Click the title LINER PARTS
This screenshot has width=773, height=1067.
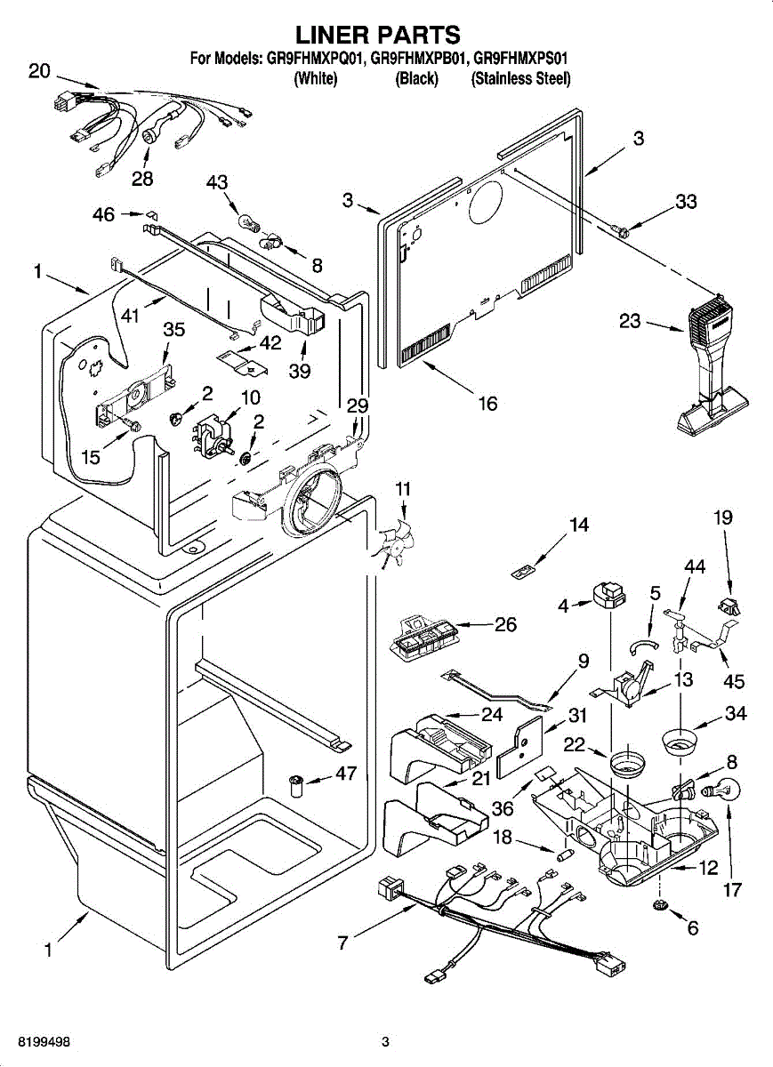[x=377, y=35]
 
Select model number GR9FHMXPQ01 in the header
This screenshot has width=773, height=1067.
[x=312, y=59]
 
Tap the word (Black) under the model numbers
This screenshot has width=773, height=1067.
[x=416, y=78]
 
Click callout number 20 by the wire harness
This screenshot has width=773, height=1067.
[x=39, y=72]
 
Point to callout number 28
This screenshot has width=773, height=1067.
[x=141, y=178]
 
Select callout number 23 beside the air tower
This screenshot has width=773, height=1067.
[x=631, y=322]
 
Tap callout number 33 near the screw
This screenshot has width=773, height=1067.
[x=685, y=202]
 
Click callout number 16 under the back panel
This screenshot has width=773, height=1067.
[x=487, y=404]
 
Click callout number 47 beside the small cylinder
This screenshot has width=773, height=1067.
[x=346, y=774]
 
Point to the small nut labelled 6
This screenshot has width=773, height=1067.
[x=660, y=905]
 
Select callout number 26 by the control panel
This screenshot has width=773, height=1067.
[x=505, y=624]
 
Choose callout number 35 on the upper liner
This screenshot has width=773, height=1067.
[x=173, y=330]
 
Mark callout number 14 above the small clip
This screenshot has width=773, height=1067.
[x=578, y=525]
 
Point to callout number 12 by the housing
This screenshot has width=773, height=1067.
[x=708, y=869]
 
